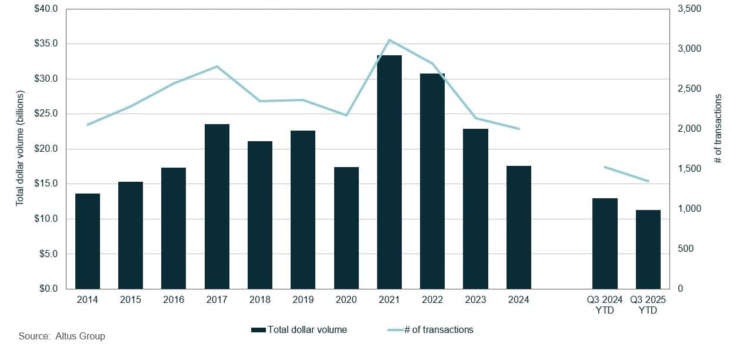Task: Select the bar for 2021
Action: tap(389, 172)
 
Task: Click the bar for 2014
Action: tap(88, 241)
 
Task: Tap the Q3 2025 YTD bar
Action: tap(648, 249)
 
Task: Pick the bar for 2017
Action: tap(217, 206)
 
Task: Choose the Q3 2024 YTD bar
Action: tap(605, 244)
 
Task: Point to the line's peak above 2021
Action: tap(389, 40)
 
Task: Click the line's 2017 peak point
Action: tap(217, 66)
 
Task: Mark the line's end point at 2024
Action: tap(519, 129)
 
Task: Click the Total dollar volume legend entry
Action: tap(299, 330)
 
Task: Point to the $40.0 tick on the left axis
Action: tap(46, 9)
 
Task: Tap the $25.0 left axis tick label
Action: tap(46, 114)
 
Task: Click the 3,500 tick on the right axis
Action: tap(689, 9)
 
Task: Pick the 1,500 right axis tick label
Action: tap(689, 169)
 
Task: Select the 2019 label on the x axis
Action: tap(303, 300)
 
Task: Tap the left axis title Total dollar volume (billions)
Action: tap(20, 148)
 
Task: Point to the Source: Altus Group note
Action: tap(62, 336)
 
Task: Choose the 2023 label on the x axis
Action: tap(475, 300)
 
